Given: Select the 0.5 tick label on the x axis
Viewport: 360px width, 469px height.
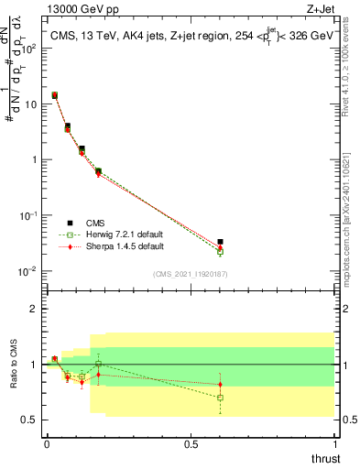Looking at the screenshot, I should (191, 444).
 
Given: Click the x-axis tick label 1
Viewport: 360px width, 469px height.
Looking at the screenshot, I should (335, 444).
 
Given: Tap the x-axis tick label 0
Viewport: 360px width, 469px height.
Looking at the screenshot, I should (47, 444).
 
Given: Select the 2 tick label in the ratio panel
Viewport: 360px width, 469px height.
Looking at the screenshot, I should (35, 309).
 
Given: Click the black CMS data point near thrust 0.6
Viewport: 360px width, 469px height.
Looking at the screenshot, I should (220, 242).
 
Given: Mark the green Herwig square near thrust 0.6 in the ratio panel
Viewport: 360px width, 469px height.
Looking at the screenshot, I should (220, 398).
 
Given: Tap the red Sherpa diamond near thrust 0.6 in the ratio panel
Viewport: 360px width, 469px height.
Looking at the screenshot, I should (220, 384).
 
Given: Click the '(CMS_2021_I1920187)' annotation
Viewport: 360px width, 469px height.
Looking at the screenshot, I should (191, 274).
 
